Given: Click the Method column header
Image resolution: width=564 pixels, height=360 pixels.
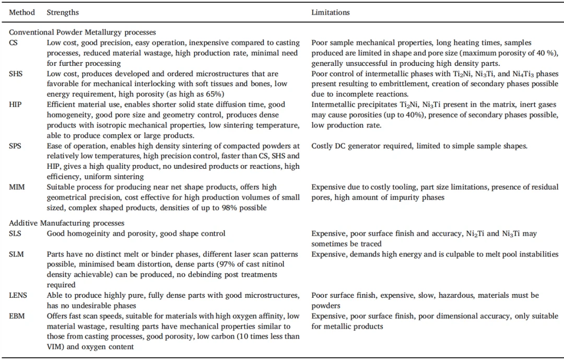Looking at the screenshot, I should [x=22, y=12].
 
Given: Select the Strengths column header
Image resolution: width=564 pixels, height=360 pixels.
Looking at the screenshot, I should [x=62, y=12].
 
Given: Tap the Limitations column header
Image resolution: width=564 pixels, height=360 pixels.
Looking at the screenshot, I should [x=331, y=12].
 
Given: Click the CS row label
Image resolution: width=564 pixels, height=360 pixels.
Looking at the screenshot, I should [x=14, y=42].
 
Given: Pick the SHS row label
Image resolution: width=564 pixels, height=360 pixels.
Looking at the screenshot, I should [x=16, y=74].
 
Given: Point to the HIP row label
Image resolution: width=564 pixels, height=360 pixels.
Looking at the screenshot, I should [x=15, y=104].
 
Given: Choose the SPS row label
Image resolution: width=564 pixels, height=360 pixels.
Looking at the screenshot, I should [x=15, y=146].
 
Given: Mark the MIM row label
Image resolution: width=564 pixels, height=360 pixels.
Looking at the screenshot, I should [x=16, y=187].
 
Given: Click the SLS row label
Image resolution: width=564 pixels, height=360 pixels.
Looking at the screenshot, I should [x=15, y=234].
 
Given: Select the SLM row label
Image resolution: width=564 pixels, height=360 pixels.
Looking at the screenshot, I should [x=16, y=254].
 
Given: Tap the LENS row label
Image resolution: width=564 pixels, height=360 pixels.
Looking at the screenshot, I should [x=18, y=295].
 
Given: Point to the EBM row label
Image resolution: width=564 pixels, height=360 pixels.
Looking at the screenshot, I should [x=16, y=316].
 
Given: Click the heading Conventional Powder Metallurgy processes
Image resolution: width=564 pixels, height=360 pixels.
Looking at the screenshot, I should [x=83, y=32].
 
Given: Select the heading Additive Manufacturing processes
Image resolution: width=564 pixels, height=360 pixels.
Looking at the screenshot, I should [x=66, y=223].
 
